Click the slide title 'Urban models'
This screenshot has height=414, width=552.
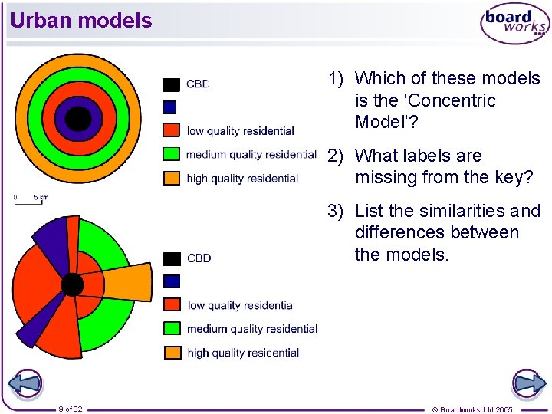[81, 21]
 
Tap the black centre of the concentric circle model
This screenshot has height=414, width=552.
[77, 119]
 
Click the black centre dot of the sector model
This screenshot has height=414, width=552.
[72, 284]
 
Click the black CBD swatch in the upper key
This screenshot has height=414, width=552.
[172, 84]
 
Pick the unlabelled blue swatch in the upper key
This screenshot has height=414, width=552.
[169, 107]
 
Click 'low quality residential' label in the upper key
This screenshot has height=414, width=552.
[240, 131]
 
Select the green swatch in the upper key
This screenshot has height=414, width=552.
[172, 154]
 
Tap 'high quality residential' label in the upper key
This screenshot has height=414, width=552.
[242, 179]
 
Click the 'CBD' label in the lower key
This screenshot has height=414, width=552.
[199, 258]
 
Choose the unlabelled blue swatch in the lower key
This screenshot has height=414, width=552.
[172, 281]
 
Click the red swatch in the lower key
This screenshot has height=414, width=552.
[172, 305]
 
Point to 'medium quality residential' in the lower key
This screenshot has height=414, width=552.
[252, 329]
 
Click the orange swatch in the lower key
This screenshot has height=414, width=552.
[172, 353]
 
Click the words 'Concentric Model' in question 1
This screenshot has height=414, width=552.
[426, 111]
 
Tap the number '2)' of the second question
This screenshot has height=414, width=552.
[335, 156]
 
